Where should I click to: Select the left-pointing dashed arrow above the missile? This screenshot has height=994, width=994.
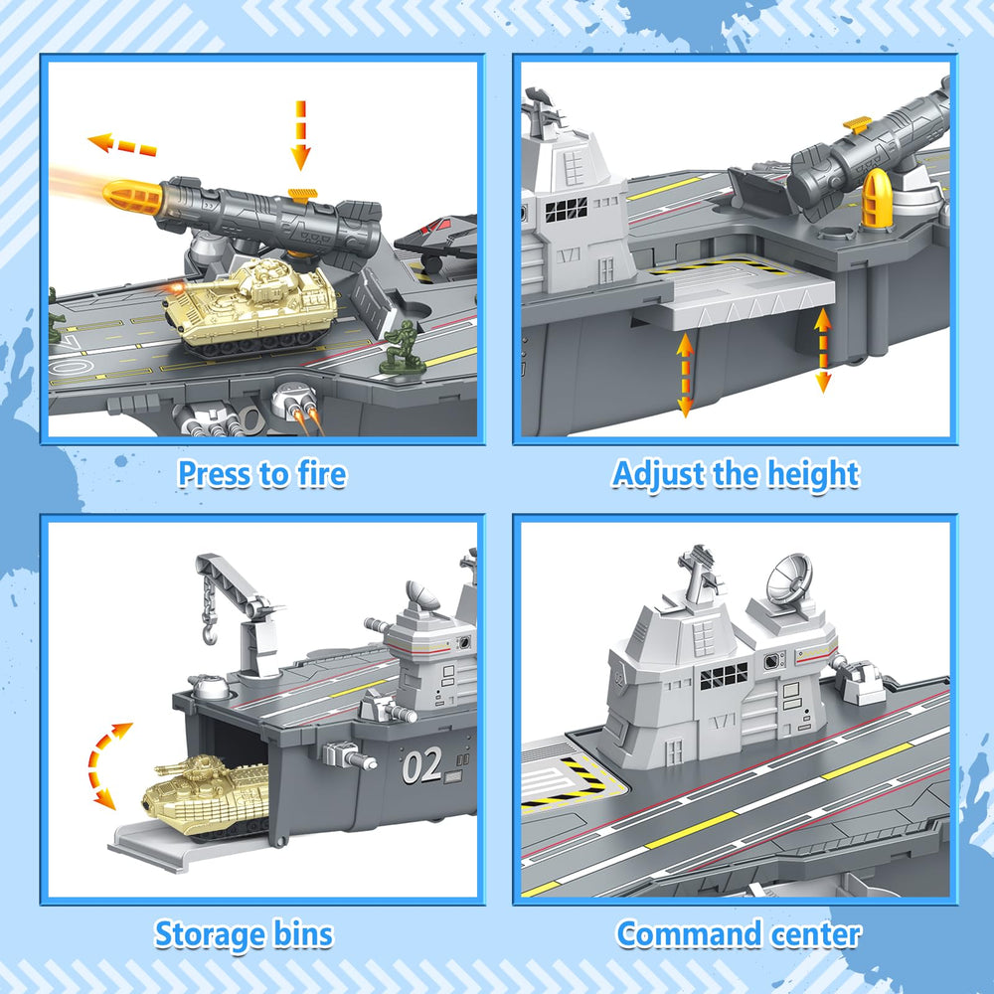coord(122,145)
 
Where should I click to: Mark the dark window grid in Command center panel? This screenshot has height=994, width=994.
coord(723,677)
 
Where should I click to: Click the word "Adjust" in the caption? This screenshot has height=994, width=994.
coord(658,473)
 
